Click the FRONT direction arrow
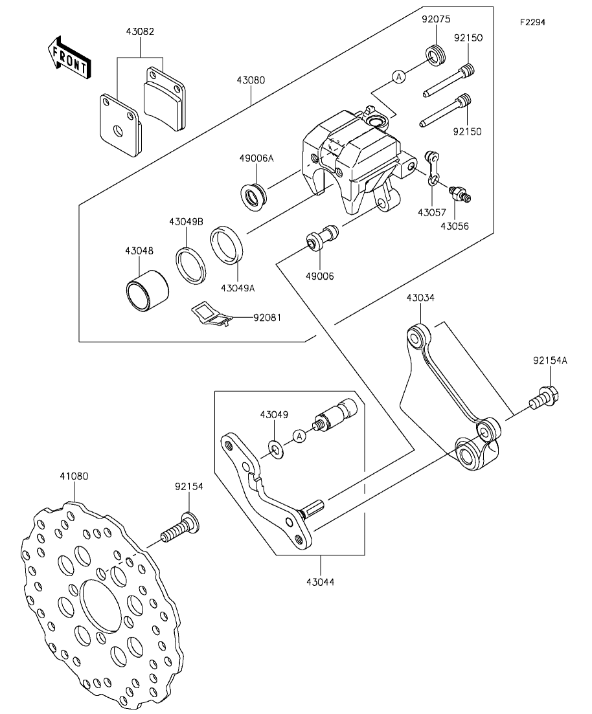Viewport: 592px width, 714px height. point(69,58)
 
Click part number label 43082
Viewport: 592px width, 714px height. point(140,32)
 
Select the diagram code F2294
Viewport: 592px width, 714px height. point(533,22)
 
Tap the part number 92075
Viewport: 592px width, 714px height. point(436,19)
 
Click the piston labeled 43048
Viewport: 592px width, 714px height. point(147,292)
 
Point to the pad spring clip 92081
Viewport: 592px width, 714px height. point(211,315)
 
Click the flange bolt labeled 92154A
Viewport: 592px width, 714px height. point(544,398)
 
